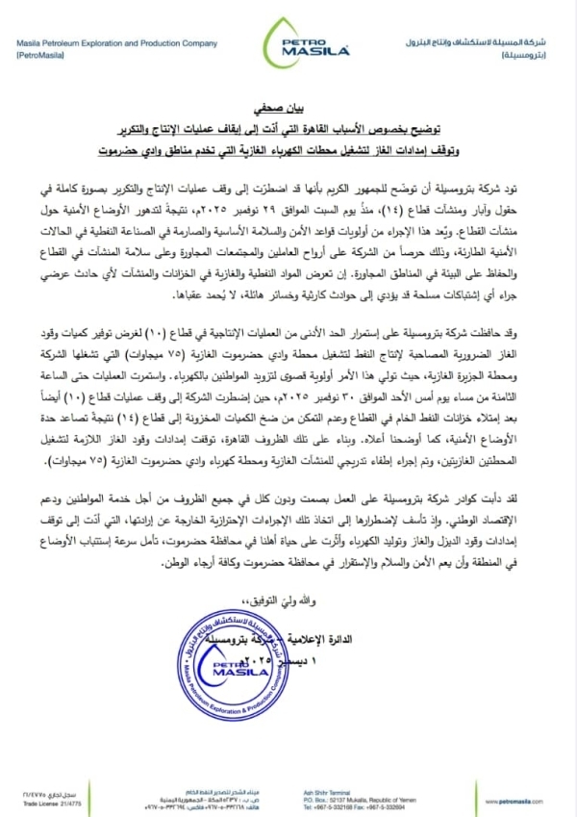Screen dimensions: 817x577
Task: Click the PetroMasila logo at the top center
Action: pos(288,44)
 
